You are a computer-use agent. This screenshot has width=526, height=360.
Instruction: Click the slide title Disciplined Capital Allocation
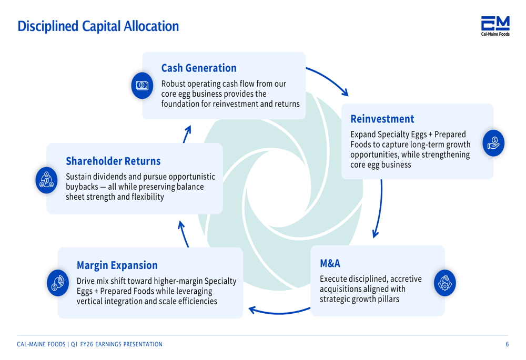coord(98,26)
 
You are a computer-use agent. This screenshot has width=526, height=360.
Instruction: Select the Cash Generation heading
coord(199,68)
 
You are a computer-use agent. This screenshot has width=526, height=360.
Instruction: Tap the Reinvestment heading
coord(382,119)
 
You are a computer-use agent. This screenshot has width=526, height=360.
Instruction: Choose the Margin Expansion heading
coord(117,265)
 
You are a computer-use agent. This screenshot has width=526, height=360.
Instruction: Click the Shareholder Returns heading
coord(113,161)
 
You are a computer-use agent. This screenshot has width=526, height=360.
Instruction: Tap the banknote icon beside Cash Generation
coord(142,85)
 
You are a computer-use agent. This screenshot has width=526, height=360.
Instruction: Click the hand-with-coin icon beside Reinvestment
coord(493,142)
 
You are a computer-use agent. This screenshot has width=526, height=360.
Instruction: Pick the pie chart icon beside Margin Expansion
coord(58,283)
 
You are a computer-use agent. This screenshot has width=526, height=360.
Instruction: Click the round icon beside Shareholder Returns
coord(46,180)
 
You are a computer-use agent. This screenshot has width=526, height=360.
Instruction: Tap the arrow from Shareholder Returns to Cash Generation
coord(187,133)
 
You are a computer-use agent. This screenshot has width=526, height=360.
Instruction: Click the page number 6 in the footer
coord(507,344)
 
